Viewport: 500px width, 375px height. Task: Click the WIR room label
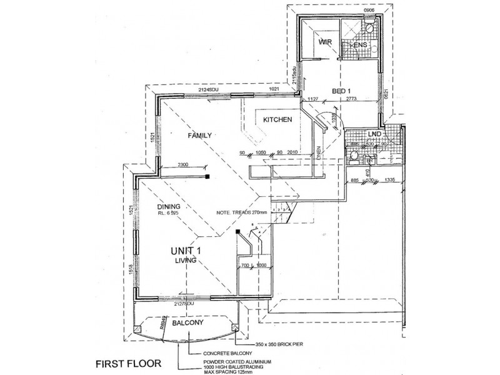(324, 42)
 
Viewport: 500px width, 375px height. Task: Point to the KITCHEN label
(277, 120)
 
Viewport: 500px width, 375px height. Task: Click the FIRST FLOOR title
(129, 362)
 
